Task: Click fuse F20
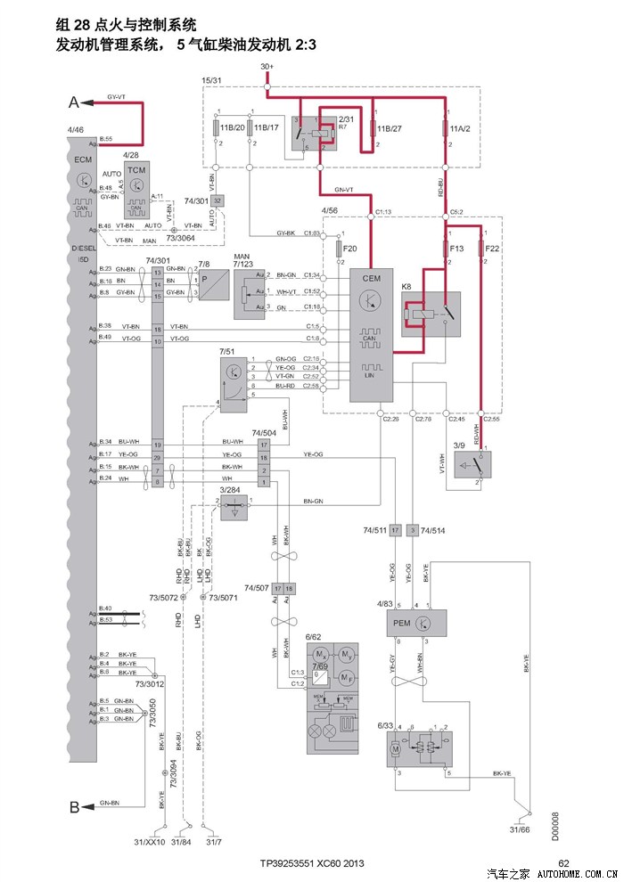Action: [x=339, y=249]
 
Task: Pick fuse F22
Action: [x=481, y=249]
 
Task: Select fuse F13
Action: [x=446, y=249]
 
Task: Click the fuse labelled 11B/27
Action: [x=372, y=129]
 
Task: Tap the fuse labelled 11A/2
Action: [x=445, y=129]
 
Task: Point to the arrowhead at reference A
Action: [x=88, y=102]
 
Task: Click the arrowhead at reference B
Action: [x=88, y=807]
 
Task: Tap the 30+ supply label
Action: [x=267, y=67]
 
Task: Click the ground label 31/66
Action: [x=521, y=830]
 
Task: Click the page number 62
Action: [x=563, y=862]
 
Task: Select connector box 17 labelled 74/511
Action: [x=394, y=530]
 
